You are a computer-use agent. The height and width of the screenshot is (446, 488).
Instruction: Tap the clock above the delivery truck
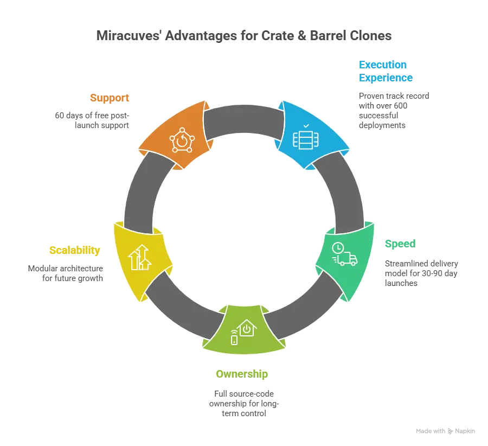click(338, 247)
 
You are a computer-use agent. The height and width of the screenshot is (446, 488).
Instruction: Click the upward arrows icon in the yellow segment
click(140, 257)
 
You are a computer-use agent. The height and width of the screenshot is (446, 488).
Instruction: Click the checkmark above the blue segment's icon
click(306, 125)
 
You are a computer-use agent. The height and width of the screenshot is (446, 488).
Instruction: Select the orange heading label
click(110, 98)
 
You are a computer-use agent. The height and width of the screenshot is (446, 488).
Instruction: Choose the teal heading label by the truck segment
click(399, 243)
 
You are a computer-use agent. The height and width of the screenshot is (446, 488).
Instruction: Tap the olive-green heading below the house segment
click(241, 374)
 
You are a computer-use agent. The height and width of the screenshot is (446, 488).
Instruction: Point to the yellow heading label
click(74, 250)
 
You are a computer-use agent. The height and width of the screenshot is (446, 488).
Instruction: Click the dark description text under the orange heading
click(92, 119)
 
